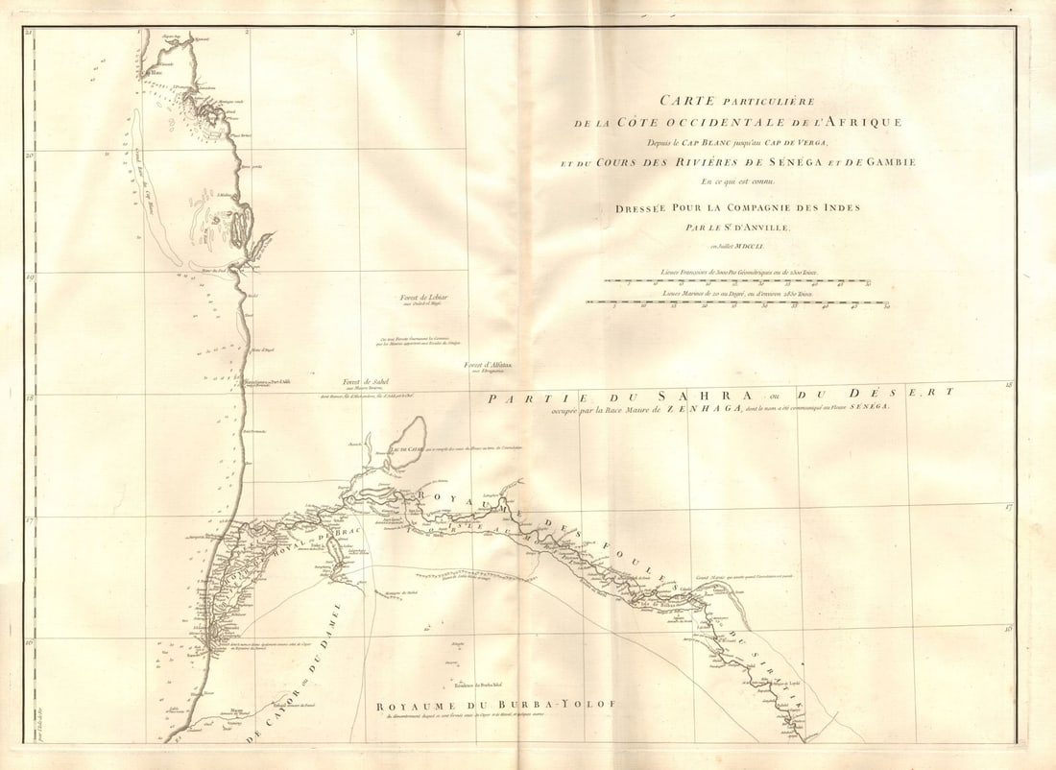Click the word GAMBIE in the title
click(888, 162)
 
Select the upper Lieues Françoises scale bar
click(738, 282)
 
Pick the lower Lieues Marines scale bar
click(738, 302)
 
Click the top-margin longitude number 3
click(352, 32)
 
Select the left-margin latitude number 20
click(30, 155)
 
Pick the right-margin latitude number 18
click(1008, 385)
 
